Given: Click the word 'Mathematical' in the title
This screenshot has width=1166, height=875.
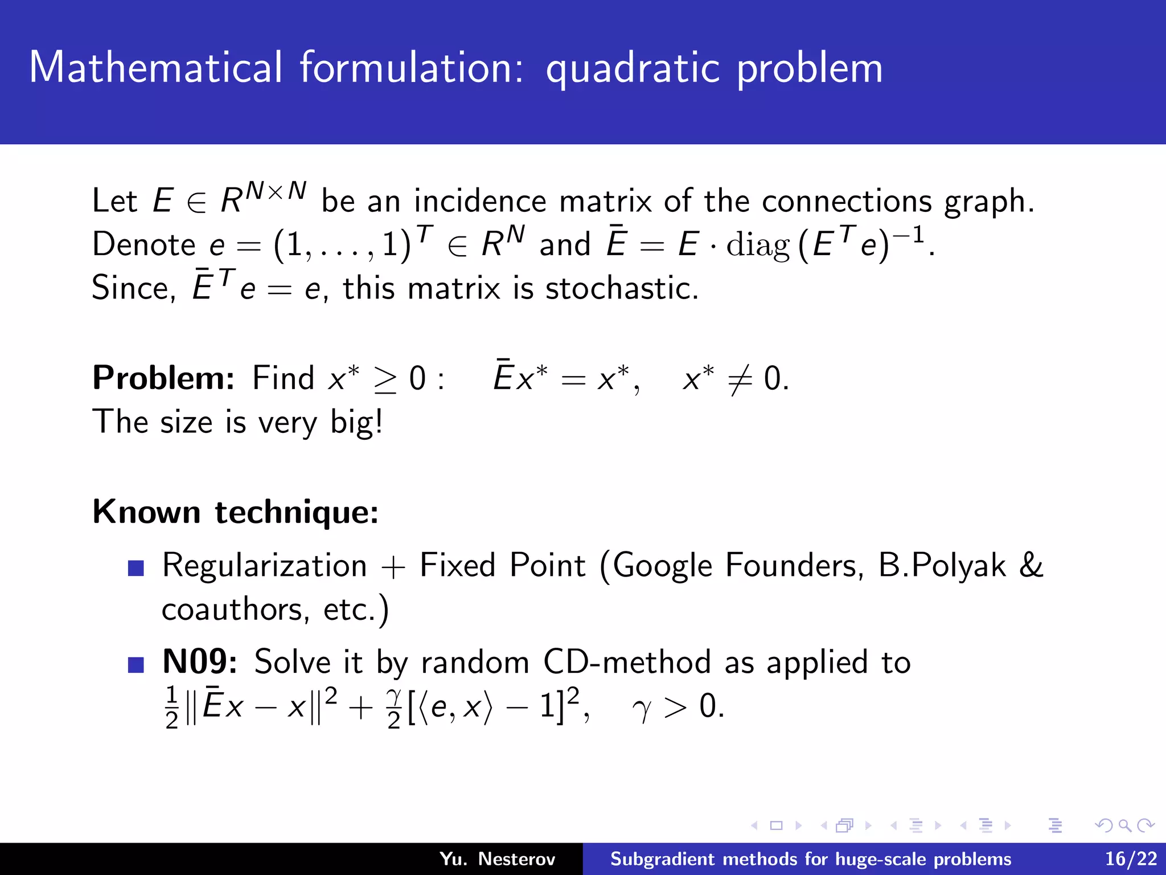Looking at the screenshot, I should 155,68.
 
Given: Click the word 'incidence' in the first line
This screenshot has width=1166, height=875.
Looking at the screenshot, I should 480,201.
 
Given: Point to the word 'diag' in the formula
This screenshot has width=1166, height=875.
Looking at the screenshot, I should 758,246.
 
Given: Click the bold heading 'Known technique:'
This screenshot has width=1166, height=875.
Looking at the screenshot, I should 235,512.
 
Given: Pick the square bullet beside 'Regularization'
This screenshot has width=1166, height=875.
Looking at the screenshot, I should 136,568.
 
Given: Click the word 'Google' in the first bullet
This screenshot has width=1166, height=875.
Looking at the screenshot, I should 662,566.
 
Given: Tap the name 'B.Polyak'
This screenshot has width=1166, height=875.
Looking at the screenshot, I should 942,566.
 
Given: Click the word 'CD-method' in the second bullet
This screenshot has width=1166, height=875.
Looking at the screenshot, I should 627,662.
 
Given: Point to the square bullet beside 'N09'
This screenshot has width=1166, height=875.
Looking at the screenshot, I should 136,665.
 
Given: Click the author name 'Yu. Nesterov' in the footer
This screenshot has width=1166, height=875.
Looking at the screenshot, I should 497,859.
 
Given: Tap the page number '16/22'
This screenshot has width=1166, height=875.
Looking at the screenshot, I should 1131,859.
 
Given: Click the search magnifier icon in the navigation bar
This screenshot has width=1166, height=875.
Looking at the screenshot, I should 1124,825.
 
